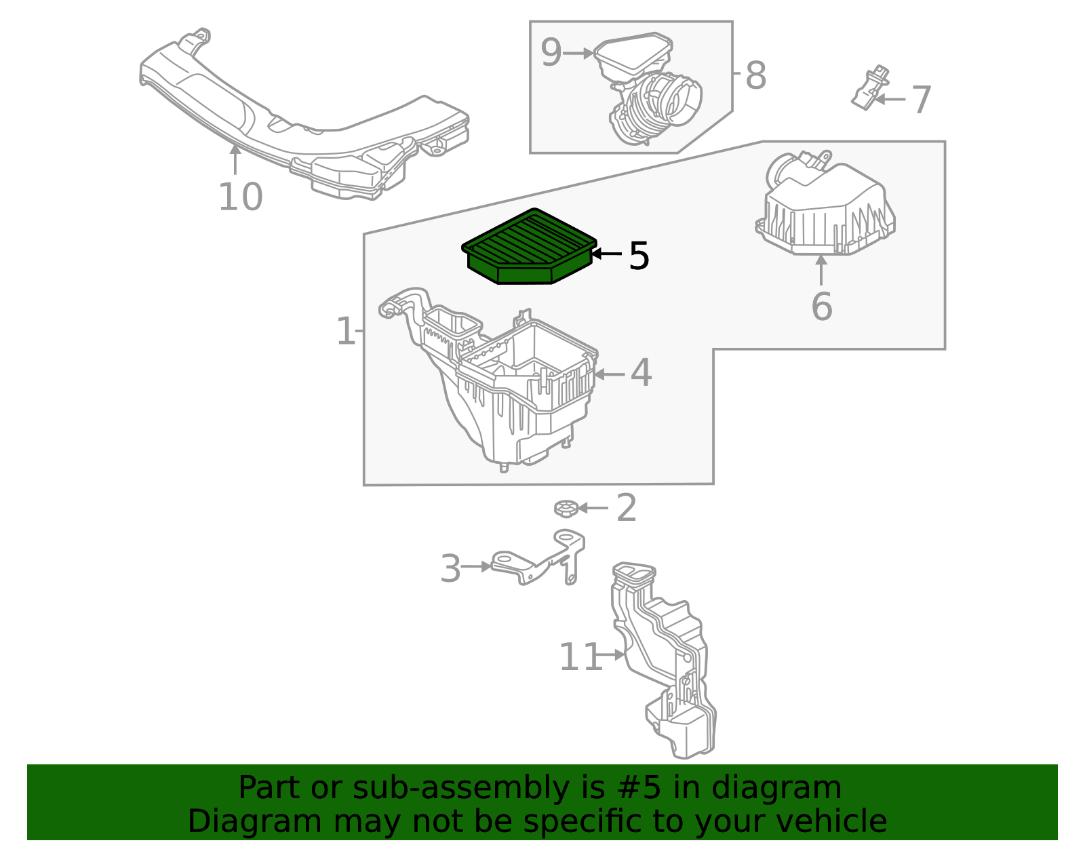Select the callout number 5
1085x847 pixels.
pyautogui.click(x=639, y=256)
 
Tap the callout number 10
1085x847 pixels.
pyautogui.click(x=240, y=197)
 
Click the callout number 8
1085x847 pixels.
pyautogui.click(x=755, y=75)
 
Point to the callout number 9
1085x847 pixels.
pyautogui.click(x=551, y=53)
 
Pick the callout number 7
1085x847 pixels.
pyautogui.click(x=921, y=100)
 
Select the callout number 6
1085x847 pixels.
pyautogui.click(x=821, y=307)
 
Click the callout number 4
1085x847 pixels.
pyautogui.click(x=641, y=373)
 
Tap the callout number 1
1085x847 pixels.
pyautogui.click(x=345, y=332)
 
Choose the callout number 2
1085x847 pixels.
pyautogui.click(x=626, y=508)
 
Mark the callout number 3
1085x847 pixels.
pyautogui.click(x=450, y=568)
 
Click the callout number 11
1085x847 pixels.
pyautogui.click(x=580, y=657)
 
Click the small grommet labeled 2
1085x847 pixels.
pyautogui.click(x=565, y=508)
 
